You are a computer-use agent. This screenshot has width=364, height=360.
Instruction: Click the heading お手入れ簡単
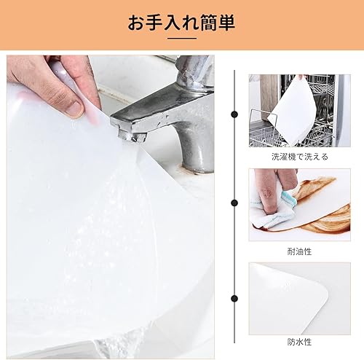[x=181, y=23]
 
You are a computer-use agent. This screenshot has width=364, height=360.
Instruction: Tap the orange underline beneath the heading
[x=181, y=38]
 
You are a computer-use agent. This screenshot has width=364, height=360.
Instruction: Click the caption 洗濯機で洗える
[x=299, y=156]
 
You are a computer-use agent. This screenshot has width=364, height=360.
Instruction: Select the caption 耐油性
[x=299, y=251]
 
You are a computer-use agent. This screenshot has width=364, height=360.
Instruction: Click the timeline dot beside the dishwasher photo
[x=234, y=114]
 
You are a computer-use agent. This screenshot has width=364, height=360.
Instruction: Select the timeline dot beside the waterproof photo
[x=234, y=297]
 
